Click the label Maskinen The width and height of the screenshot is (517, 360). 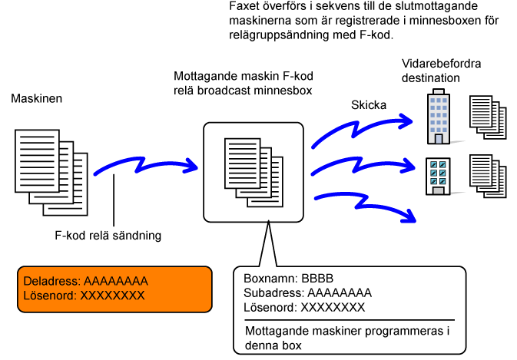point(36,100)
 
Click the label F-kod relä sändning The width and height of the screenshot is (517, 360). point(113,236)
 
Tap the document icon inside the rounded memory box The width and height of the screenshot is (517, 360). point(250,166)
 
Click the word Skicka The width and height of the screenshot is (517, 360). point(368,104)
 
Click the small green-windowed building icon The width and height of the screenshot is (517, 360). point(437,175)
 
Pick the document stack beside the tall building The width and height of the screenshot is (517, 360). point(487,117)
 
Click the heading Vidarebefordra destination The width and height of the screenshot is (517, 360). point(441,71)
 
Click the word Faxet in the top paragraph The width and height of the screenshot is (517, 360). point(245,6)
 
